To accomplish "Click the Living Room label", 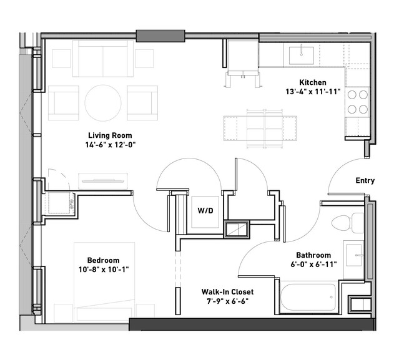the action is click(x=110, y=135).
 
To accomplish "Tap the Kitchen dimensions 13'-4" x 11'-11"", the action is click(x=313, y=92).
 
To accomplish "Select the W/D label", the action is click(x=205, y=210).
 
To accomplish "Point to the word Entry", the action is click(x=365, y=180).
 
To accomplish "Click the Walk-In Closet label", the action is click(x=227, y=291).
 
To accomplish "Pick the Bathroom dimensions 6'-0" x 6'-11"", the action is click(x=313, y=265).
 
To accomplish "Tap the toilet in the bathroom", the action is click(x=348, y=223).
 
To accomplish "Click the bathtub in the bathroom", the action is click(x=308, y=297).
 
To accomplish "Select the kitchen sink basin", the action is click(x=302, y=56).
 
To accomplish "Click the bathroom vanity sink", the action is click(x=354, y=255).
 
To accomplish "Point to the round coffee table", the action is click(x=103, y=103).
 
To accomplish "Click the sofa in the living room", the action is click(x=103, y=59).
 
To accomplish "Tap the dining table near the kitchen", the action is click(x=265, y=128).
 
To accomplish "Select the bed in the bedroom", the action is click(x=104, y=283).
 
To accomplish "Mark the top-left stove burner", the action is click(x=352, y=95).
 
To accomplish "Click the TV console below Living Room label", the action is click(x=103, y=182).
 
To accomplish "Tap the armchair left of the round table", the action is click(x=64, y=103).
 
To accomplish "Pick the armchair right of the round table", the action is click(x=142, y=103).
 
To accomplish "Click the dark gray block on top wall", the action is click(x=160, y=36).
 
